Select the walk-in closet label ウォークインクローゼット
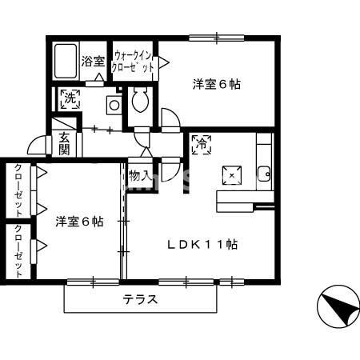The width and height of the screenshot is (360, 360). pos(134,62)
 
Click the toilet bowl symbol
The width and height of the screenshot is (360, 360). pos(140,101)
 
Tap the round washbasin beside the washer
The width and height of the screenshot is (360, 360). pos(114,104)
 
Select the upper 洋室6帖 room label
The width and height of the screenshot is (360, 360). pos(216,83)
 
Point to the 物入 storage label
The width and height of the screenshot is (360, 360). pos(138,175)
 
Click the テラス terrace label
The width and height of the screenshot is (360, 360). pos(140,301)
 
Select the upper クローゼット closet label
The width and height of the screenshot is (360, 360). pos(18,189)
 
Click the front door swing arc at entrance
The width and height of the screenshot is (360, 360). pos(34,146)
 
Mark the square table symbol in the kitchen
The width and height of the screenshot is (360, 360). pos(233,174)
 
